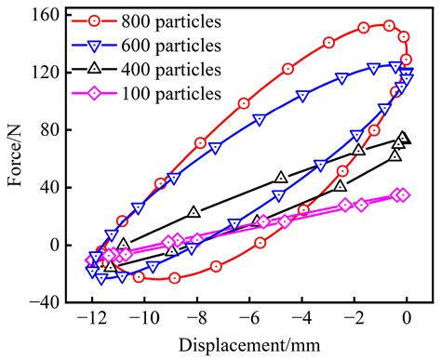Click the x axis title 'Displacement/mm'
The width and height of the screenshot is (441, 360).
(x=248, y=345)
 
